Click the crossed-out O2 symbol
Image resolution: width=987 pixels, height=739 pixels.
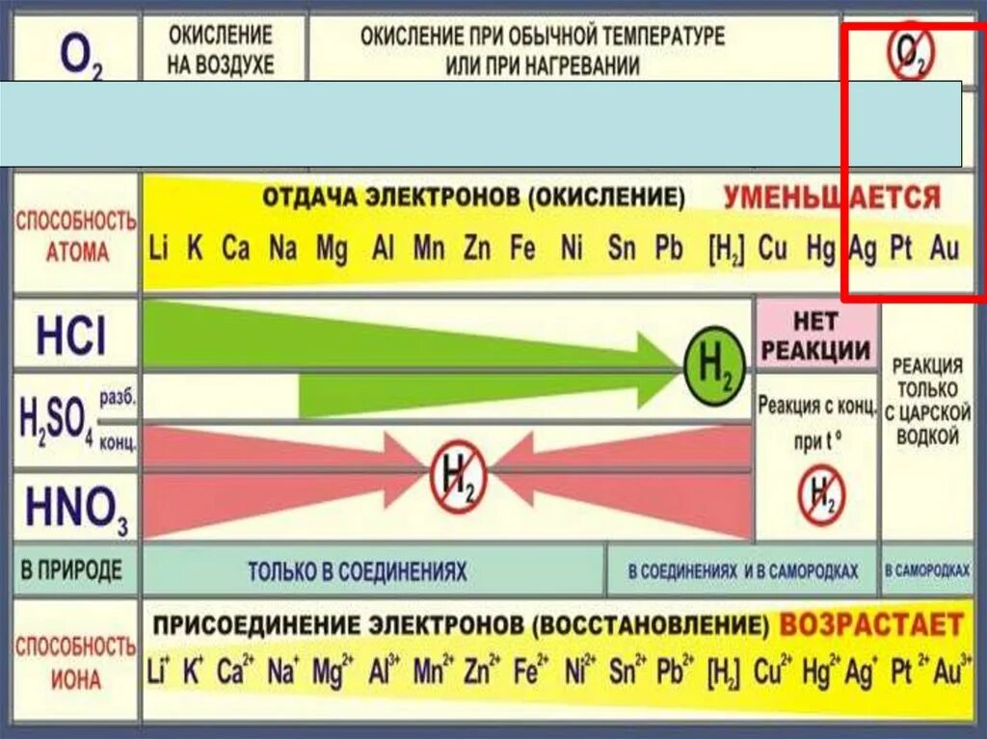point(910,54)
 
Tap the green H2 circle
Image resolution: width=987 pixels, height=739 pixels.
point(713,363)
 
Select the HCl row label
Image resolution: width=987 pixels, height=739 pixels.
point(72,336)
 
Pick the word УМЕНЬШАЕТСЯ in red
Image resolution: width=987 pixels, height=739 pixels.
point(832,198)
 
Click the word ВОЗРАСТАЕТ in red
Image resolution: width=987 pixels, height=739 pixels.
point(870,624)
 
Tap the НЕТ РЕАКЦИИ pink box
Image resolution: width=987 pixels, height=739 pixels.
point(817,335)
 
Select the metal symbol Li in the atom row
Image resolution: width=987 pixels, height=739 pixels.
point(159,249)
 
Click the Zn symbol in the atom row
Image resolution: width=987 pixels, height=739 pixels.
point(476,249)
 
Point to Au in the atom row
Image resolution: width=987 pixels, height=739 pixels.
point(945,249)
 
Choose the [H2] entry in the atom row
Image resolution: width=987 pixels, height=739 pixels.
point(727,250)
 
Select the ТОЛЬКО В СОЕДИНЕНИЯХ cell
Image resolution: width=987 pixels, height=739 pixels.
point(357,571)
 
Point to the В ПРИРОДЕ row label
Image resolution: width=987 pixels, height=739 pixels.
point(71,569)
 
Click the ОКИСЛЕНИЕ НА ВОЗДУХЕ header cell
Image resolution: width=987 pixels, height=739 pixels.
point(222,50)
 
